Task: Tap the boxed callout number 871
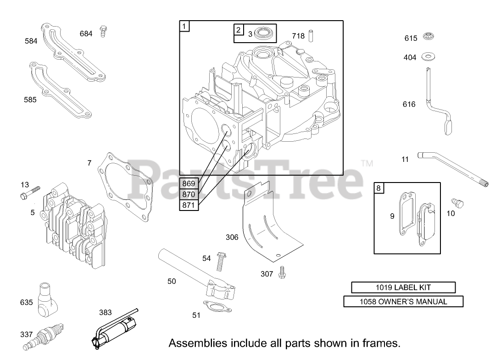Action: coord(189,205)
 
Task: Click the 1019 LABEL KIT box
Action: coord(403,288)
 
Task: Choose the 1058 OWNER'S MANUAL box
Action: coord(403,301)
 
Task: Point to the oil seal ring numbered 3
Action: coord(264,33)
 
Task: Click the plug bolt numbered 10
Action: coord(457,203)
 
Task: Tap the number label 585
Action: coord(30,99)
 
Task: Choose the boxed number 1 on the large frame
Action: coord(184,26)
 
